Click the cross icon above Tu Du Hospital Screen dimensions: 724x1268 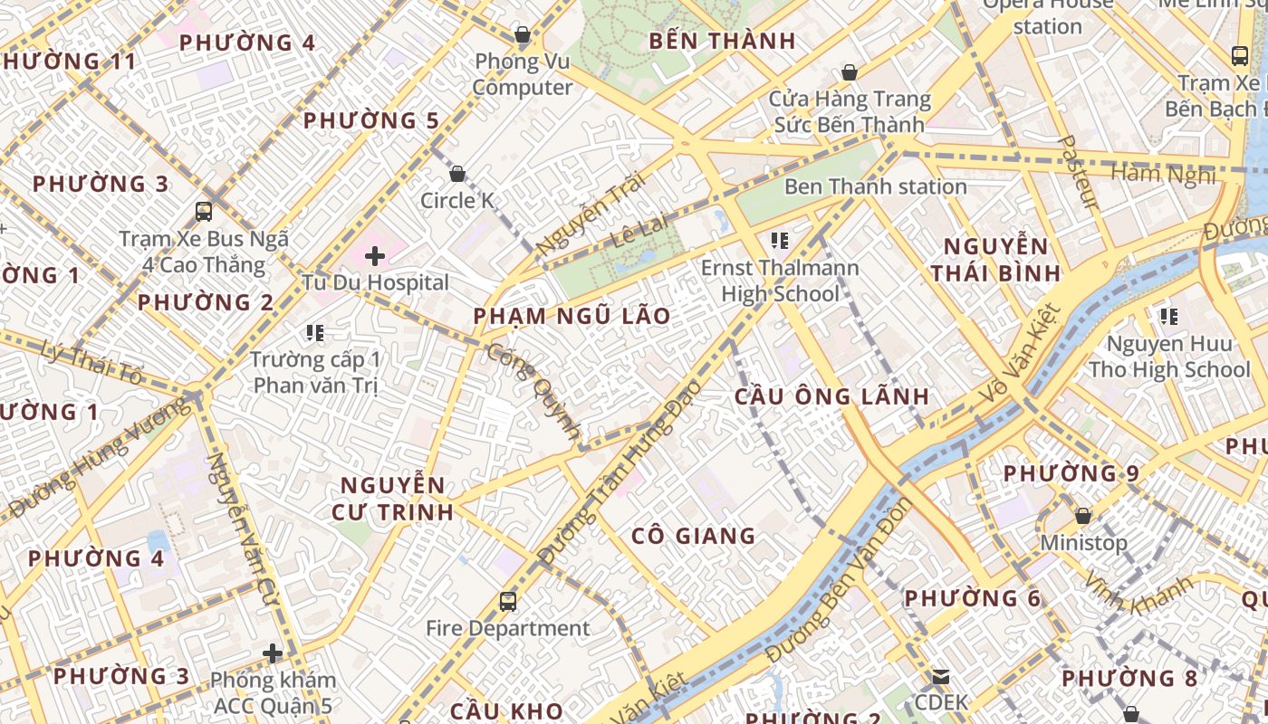click(x=375, y=256)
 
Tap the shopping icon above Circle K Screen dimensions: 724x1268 click(x=457, y=174)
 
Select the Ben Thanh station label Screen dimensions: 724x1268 click(x=875, y=187)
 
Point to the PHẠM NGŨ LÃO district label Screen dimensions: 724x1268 click(x=572, y=317)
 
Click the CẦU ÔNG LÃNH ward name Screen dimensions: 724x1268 click(x=831, y=396)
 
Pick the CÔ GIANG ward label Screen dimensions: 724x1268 click(x=693, y=536)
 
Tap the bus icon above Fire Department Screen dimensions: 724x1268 click(x=508, y=602)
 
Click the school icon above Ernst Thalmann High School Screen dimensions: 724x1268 click(x=779, y=241)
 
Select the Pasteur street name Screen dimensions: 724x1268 click(x=1079, y=172)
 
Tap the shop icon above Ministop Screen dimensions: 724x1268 click(x=1082, y=517)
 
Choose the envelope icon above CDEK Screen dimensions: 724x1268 click(x=941, y=677)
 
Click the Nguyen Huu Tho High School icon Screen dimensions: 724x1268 click(x=1169, y=317)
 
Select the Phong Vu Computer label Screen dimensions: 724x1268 click(x=523, y=74)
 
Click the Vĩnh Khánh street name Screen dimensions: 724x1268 click(x=1138, y=594)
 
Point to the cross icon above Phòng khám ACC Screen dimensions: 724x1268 click(x=273, y=653)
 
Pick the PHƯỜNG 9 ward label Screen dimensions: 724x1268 click(x=1071, y=473)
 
